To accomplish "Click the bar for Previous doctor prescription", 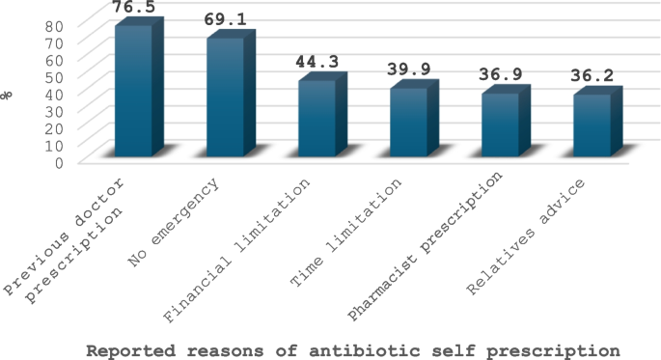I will (x=133, y=92).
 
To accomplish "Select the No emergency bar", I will (x=225, y=97).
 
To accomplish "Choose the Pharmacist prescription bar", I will (x=500, y=125).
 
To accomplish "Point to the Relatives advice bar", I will (x=592, y=125).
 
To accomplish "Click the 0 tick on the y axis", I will (x=60, y=161).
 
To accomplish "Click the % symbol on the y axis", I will (x=9, y=94).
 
